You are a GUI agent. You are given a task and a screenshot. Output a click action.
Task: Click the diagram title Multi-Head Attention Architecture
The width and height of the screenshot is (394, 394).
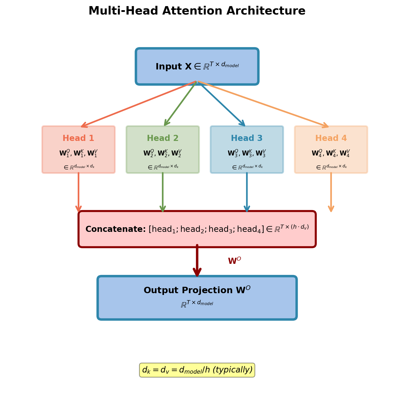point(197,11)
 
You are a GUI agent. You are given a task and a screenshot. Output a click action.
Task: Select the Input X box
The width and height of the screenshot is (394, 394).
point(197,67)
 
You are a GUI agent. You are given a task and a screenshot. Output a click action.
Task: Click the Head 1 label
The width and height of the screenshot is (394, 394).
point(78,138)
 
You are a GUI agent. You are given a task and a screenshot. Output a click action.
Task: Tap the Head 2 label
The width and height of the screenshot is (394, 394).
point(163,138)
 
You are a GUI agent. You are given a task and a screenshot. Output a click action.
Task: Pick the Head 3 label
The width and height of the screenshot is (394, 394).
point(247,138)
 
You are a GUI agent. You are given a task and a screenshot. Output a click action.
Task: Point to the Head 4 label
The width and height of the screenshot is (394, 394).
point(331,138)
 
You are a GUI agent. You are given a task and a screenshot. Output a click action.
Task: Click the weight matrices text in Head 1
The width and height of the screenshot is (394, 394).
point(78,153)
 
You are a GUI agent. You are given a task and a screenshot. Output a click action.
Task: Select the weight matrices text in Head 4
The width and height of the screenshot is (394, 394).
point(331,153)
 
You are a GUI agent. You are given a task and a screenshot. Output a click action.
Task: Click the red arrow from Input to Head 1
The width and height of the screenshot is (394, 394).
point(138,104)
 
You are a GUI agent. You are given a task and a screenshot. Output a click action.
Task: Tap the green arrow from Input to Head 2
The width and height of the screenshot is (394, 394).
point(180,104)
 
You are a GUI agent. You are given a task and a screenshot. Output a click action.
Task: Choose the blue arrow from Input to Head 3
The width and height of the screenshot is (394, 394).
point(222,104)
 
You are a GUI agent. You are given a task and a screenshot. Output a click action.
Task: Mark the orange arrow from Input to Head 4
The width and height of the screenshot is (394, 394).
point(263,104)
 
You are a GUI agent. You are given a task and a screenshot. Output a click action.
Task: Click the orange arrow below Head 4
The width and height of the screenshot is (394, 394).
point(331,192)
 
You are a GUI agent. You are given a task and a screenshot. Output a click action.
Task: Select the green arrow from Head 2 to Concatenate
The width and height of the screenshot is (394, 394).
point(163,192)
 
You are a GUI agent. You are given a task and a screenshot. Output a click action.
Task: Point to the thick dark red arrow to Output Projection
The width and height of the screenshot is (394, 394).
point(197,260)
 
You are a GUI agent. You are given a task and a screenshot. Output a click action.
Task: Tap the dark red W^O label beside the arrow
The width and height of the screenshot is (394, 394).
point(234,261)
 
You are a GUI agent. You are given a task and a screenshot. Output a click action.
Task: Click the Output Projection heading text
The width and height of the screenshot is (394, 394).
point(197,290)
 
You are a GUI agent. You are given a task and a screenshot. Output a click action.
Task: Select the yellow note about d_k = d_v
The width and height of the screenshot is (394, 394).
point(197,370)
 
